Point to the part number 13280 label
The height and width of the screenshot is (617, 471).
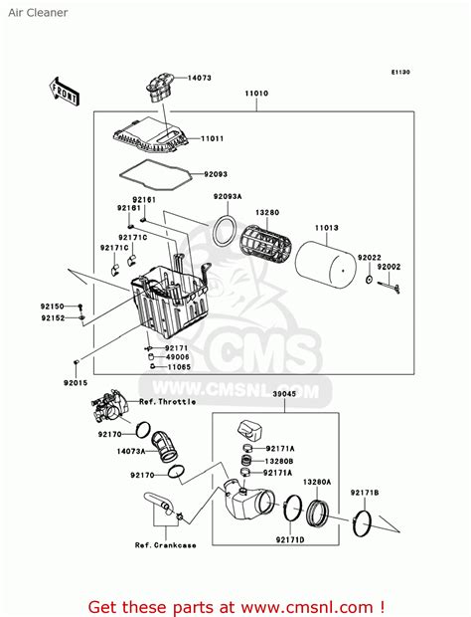(x=267, y=212)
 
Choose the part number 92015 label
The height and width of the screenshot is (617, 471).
(x=77, y=381)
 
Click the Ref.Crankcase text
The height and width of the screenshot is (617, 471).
(x=167, y=544)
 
